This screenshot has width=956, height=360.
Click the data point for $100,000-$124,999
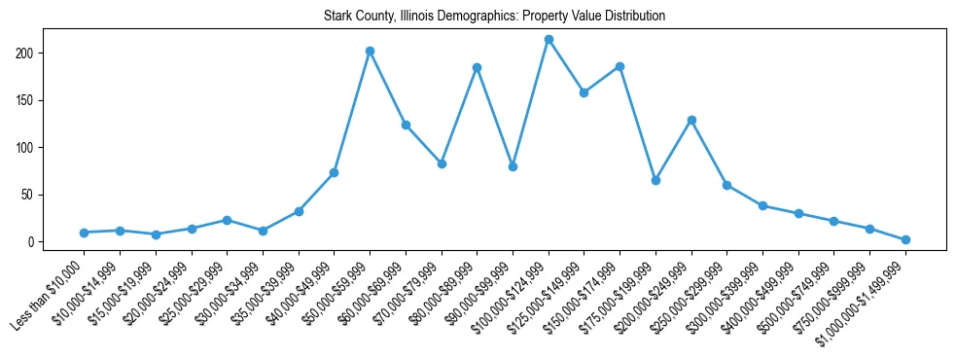pos(549,40)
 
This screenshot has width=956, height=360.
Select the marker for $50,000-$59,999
pos(370,51)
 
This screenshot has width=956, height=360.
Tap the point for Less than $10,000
pos(85,233)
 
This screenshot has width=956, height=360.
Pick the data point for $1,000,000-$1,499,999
pos(905,239)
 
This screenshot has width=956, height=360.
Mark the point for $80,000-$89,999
pos(477,67)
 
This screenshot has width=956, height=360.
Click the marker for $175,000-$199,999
pos(655,180)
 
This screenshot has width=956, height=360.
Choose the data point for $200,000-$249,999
pos(691,120)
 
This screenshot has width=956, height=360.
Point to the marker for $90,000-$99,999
pos(513,166)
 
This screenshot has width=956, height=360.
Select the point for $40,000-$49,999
pos(334,172)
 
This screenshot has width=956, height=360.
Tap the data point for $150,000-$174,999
pos(620,66)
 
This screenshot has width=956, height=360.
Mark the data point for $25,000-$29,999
pos(227,220)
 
